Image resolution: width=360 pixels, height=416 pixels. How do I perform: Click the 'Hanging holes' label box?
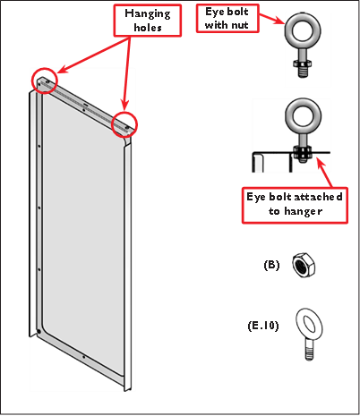coord(148,21)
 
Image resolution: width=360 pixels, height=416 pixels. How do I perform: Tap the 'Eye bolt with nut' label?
coord(227,18)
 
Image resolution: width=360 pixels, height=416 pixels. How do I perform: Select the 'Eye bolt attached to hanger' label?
coord(295,205)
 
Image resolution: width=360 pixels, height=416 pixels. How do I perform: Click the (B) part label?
coord(271,265)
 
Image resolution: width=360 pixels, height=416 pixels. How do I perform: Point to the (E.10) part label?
coord(263,326)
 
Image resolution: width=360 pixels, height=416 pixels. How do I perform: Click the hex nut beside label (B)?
coord(304,265)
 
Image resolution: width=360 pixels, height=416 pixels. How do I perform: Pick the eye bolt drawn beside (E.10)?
coord(310,335)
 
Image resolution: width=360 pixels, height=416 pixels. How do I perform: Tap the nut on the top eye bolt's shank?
coord(303,64)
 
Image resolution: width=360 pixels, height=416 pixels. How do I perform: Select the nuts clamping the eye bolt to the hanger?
coord(303,152)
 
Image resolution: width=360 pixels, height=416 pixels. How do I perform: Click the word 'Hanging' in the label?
coord(148,14)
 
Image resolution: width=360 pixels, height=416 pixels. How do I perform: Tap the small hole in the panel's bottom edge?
coord(84,357)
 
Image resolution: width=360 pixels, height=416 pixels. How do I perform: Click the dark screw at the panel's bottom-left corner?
coord(39,332)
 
